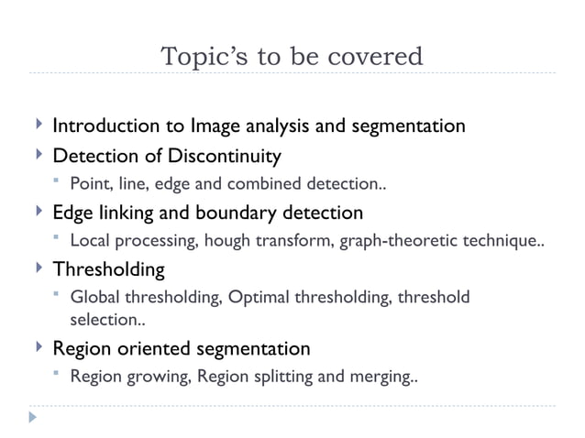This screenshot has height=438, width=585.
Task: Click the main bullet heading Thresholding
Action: pyautogui.click(x=108, y=270)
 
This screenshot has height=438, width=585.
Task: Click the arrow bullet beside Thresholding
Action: pyautogui.click(x=37, y=269)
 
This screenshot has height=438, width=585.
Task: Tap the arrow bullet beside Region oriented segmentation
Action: pyautogui.click(x=37, y=347)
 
